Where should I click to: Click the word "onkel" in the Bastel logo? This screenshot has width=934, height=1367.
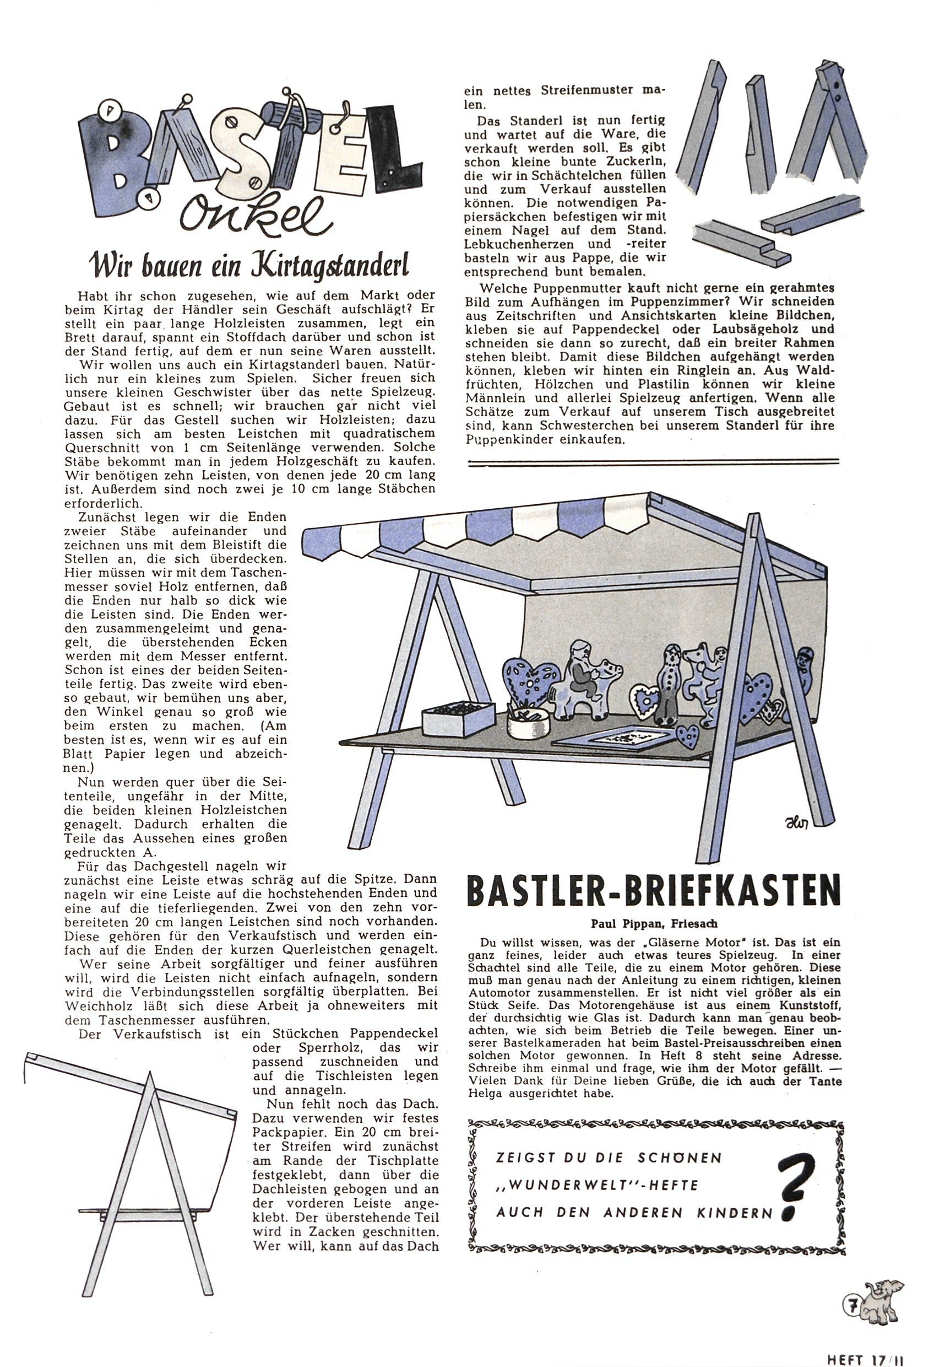[x=253, y=217]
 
